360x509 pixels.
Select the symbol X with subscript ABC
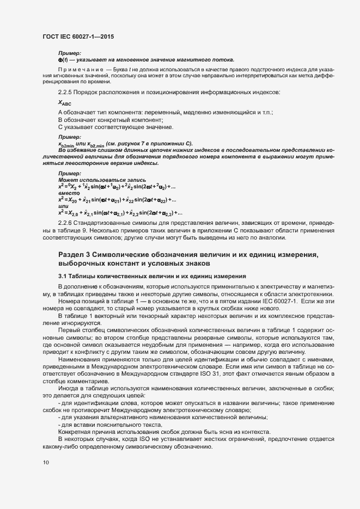[x=64, y=103]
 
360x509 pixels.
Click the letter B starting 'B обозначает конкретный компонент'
[x=60, y=119]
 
